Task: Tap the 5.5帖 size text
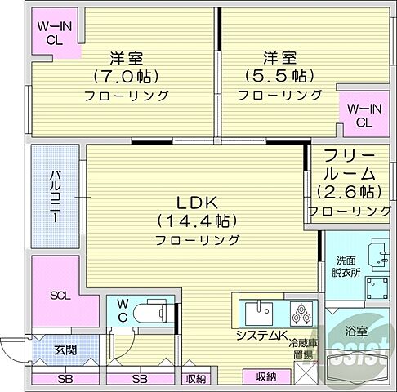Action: coord(279,77)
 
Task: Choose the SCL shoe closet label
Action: coord(60,295)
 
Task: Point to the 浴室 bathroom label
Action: coord(355,331)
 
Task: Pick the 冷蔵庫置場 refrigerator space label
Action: coord(304,350)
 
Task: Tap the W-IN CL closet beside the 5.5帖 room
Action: coord(364,115)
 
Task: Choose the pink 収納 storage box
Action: coord(265,376)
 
